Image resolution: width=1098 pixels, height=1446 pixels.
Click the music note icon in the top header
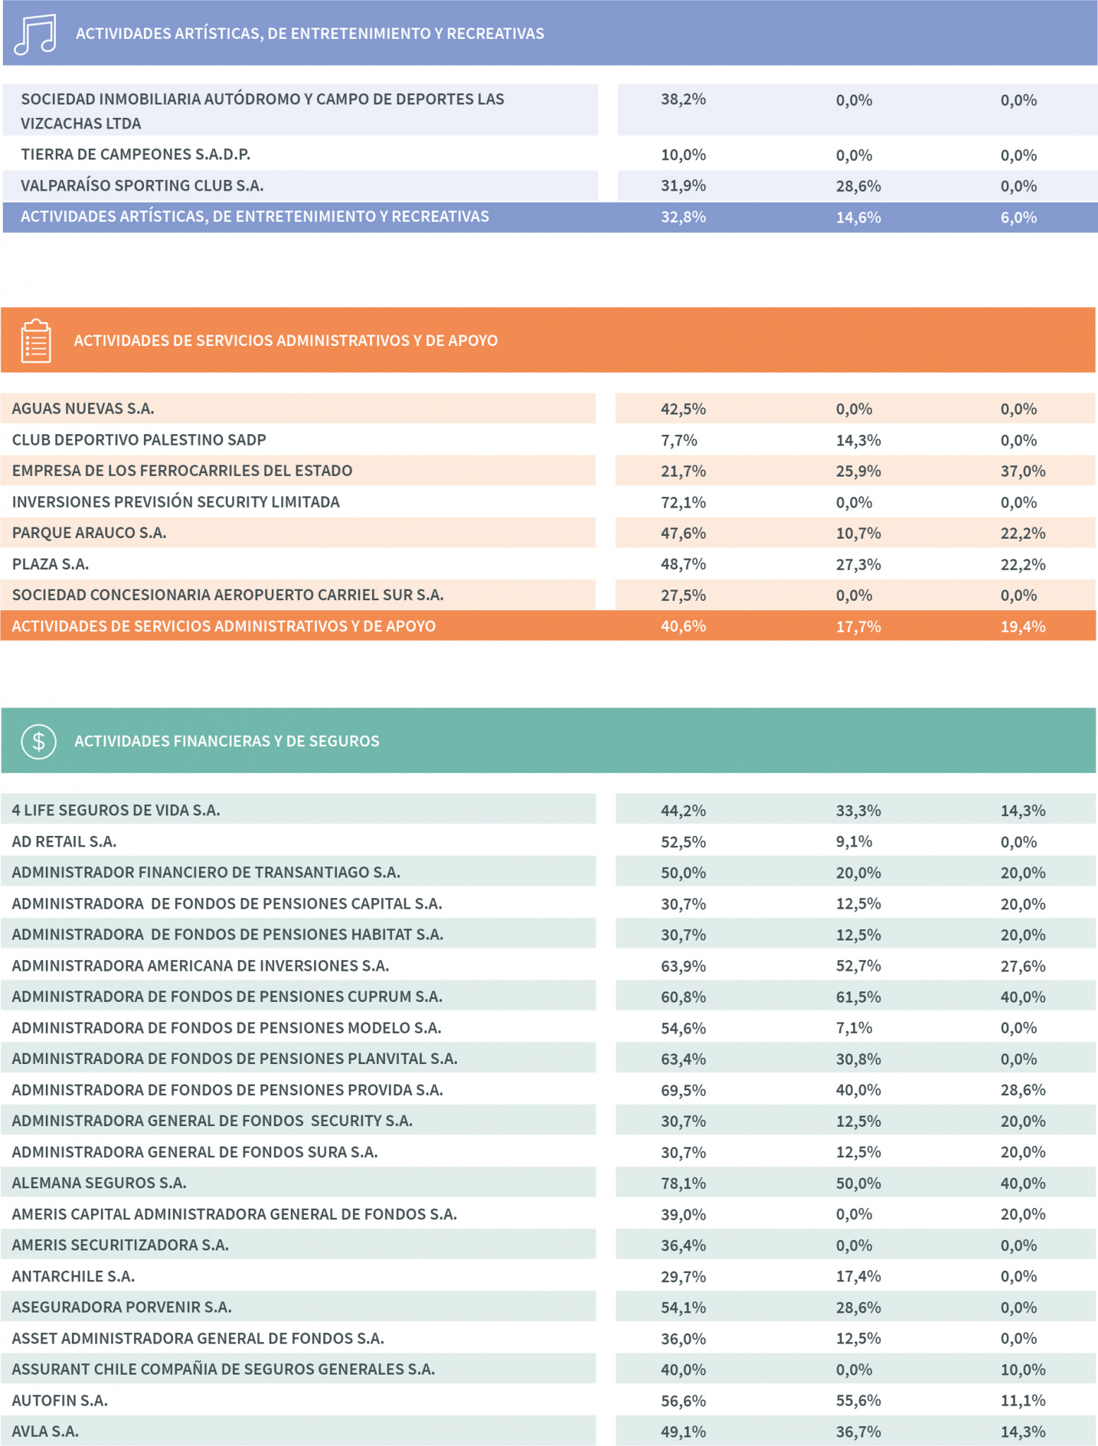(x=35, y=34)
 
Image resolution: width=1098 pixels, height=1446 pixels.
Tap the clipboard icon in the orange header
(x=35, y=341)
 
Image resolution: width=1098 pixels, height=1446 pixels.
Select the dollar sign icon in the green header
(x=39, y=741)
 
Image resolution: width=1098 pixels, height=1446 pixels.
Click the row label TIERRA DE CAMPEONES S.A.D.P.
(x=136, y=155)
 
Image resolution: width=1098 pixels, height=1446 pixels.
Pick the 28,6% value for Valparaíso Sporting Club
(x=859, y=186)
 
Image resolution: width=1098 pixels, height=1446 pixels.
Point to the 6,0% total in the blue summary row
(x=1019, y=217)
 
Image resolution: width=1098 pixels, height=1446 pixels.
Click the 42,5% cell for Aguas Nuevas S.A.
(x=684, y=410)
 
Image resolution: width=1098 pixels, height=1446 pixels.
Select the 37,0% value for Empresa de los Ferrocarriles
(x=1023, y=471)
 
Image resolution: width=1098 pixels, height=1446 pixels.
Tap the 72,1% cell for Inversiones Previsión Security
(x=684, y=503)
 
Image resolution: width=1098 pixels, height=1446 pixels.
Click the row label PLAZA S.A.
(x=50, y=564)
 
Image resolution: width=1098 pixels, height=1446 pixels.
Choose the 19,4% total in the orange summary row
(x=1023, y=626)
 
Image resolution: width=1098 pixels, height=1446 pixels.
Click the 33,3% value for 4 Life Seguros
(x=859, y=811)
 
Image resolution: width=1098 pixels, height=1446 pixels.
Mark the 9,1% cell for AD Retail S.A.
(x=854, y=842)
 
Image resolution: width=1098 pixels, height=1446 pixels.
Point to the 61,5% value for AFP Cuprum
(x=859, y=997)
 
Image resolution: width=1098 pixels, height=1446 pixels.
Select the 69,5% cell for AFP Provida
(x=684, y=1090)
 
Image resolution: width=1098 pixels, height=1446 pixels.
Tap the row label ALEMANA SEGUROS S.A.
(x=99, y=1183)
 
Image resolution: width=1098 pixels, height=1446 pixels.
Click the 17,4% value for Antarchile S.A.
(x=859, y=1277)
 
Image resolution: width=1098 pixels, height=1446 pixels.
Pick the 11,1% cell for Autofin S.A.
(x=1023, y=1401)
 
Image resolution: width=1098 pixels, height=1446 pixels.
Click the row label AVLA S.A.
(x=45, y=1431)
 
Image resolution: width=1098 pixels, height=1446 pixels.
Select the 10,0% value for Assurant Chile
(x=1023, y=1370)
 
